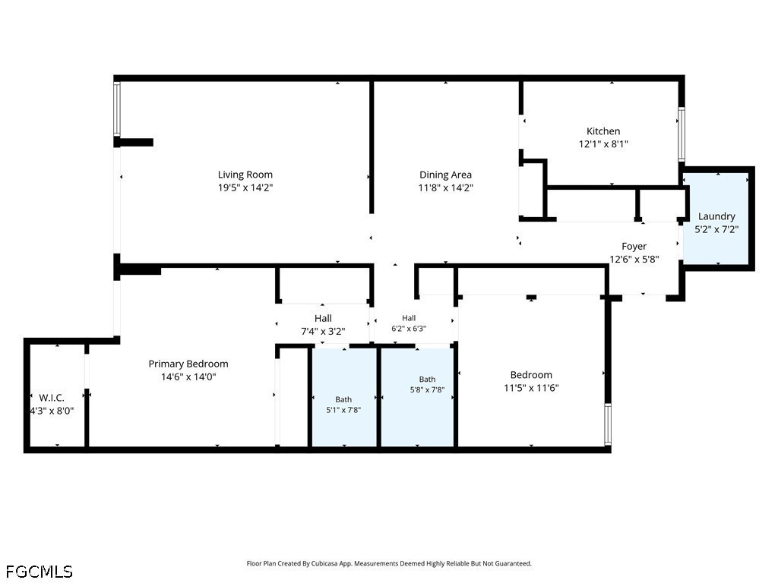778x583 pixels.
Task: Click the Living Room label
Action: click(x=245, y=175)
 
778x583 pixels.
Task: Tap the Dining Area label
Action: click(x=445, y=175)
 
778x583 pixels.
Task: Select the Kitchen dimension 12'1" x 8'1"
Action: click(x=603, y=144)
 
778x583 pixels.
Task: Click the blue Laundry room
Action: click(x=716, y=219)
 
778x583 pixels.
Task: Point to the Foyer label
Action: click(x=634, y=247)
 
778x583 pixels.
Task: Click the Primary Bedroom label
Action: click(x=188, y=364)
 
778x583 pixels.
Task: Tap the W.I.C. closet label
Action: click(x=52, y=398)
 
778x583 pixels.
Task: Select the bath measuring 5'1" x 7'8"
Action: click(x=344, y=397)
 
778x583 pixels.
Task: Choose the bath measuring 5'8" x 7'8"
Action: click(x=417, y=397)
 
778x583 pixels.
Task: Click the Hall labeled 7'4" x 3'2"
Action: click(x=323, y=325)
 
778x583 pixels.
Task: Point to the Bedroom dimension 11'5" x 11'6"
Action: click(x=531, y=388)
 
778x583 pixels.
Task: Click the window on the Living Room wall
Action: click(x=117, y=109)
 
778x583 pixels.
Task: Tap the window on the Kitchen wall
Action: click(x=682, y=134)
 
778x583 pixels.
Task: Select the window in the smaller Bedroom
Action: click(x=608, y=424)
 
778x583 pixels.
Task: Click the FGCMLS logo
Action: click(x=40, y=572)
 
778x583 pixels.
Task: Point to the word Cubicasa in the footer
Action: click(x=325, y=564)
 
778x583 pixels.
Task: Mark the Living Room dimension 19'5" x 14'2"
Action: click(x=245, y=188)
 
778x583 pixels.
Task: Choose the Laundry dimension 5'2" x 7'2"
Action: click(x=716, y=229)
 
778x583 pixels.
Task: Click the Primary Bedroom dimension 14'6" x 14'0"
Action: click(x=188, y=377)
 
